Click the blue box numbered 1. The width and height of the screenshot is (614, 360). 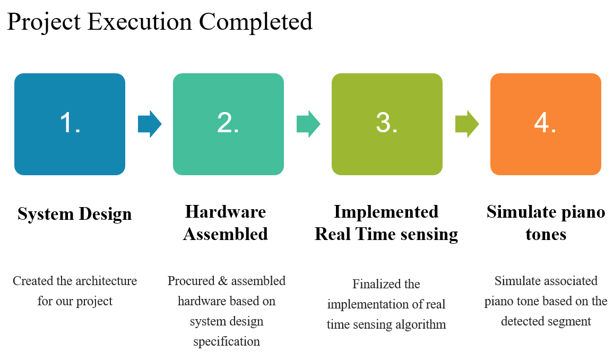[x=70, y=124]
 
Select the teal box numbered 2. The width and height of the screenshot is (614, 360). [x=228, y=124]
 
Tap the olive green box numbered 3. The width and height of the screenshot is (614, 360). [x=387, y=124]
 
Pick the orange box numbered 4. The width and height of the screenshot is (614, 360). [x=546, y=124]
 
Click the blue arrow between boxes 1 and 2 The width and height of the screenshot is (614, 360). [x=149, y=124]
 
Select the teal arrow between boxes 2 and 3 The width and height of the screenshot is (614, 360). [x=308, y=124]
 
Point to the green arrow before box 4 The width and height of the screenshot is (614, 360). [x=466, y=124]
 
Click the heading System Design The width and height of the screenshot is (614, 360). [x=74, y=214]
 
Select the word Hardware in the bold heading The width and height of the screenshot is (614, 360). [x=226, y=212]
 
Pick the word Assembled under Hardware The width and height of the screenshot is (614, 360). [x=226, y=234]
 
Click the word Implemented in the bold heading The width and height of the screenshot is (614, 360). [x=386, y=212]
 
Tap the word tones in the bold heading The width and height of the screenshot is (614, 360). [x=546, y=234]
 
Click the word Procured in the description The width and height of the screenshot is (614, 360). [x=190, y=281]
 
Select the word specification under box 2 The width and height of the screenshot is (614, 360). [x=227, y=341]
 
